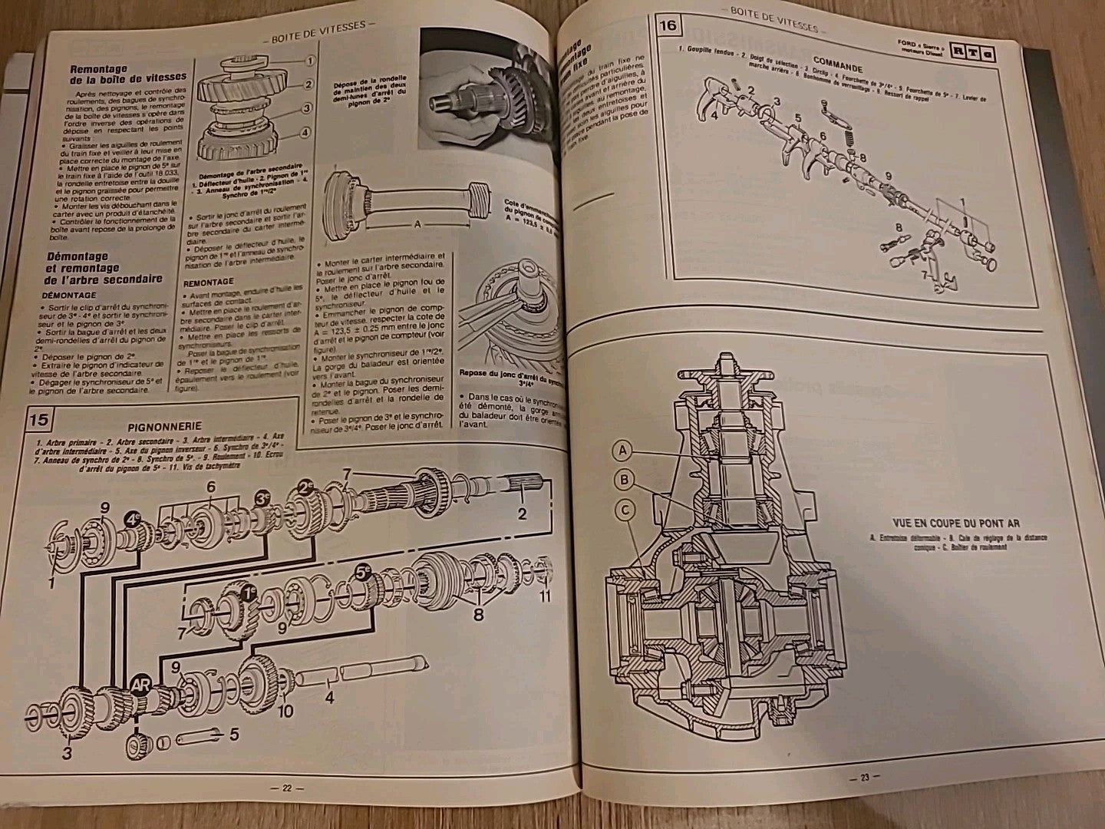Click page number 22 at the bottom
click(x=288, y=788)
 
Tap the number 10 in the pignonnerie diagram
click(x=285, y=711)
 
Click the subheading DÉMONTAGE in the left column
click(x=91, y=295)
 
